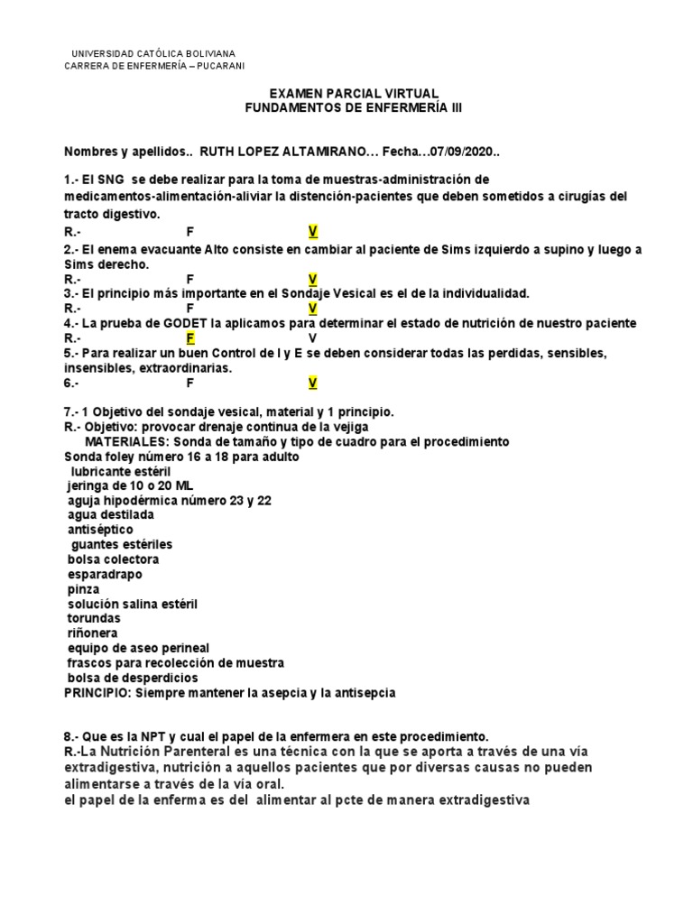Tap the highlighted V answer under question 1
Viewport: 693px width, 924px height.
click(x=313, y=230)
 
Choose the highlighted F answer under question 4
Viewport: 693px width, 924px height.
click(x=190, y=338)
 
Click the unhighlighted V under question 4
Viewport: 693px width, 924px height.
click(x=313, y=338)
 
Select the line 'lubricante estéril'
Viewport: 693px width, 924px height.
click(x=120, y=471)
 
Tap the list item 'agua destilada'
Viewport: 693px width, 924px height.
click(x=110, y=514)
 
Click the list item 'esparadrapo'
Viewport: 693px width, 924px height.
click(x=105, y=574)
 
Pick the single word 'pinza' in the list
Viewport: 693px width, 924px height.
click(x=83, y=588)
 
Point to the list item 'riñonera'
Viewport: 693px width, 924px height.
click(x=94, y=633)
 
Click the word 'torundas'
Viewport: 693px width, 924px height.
click(x=94, y=618)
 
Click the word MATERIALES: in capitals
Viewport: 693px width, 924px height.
click(x=127, y=441)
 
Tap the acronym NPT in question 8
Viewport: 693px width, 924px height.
click(x=136, y=736)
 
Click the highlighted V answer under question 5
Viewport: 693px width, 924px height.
click(x=313, y=383)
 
